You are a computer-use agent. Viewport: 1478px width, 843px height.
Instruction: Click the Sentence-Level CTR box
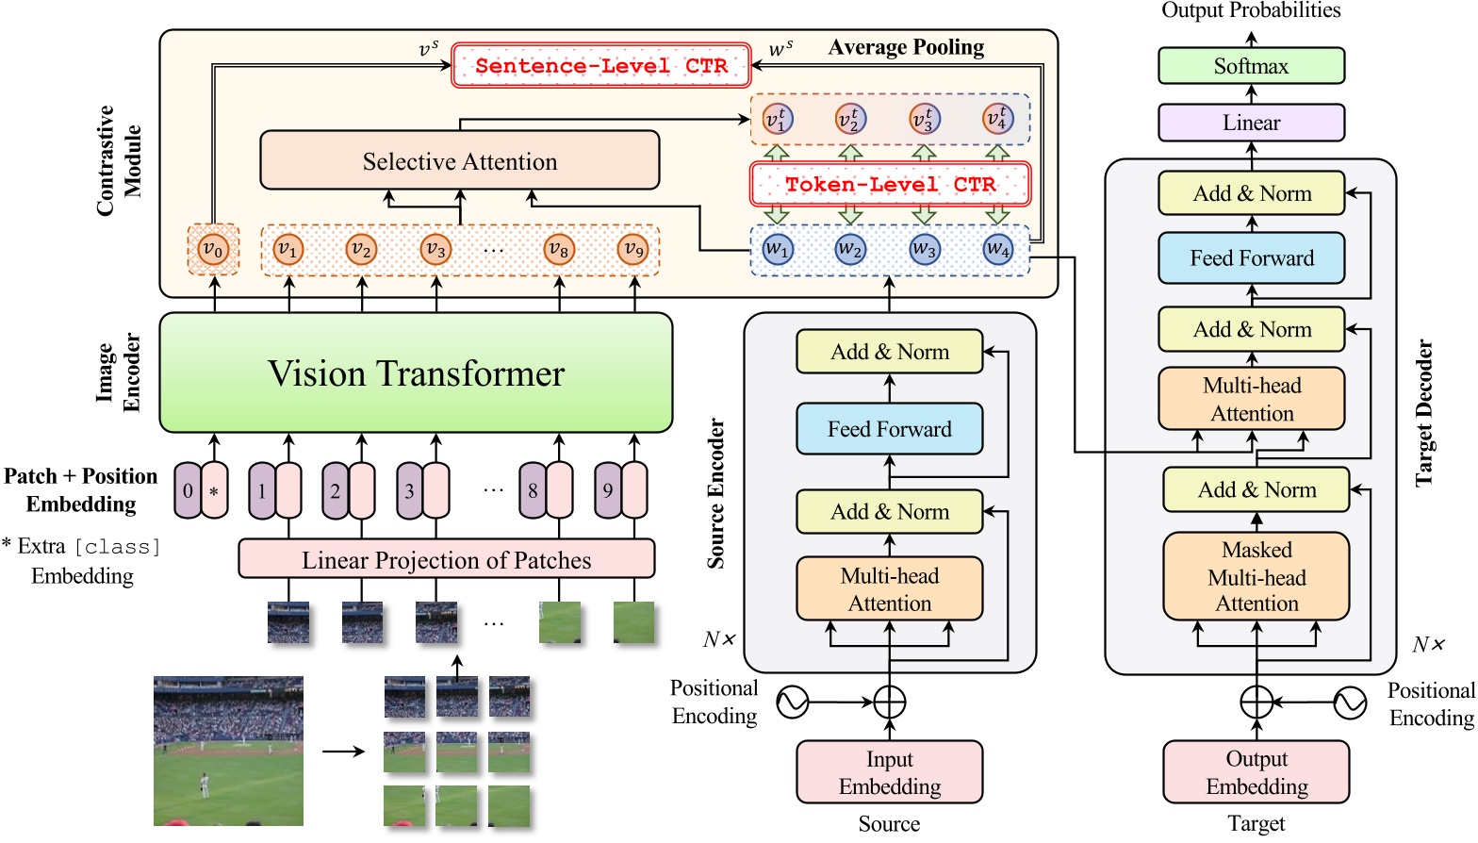(601, 66)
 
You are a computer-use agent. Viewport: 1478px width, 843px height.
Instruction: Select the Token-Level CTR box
(890, 185)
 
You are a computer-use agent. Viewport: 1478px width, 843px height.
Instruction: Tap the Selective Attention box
(460, 161)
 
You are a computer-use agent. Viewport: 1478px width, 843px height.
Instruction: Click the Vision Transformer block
(416, 373)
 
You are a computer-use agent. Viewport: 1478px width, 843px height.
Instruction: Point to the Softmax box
(1251, 66)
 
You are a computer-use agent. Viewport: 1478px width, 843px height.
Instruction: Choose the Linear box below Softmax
(1251, 123)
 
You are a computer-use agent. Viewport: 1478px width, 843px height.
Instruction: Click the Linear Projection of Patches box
(446, 560)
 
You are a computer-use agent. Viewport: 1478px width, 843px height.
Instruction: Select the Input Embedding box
(889, 772)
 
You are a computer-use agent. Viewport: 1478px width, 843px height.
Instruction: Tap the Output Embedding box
(1256, 772)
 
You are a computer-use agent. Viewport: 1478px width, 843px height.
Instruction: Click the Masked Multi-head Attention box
(1256, 576)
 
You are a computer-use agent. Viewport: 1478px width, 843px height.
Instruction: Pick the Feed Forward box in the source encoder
(889, 429)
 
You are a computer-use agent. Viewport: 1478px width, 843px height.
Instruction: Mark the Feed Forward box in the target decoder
(1251, 258)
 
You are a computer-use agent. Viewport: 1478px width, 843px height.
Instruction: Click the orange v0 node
(213, 250)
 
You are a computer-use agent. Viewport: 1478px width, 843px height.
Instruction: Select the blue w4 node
(997, 250)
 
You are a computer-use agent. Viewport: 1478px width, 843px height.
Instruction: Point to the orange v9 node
(633, 250)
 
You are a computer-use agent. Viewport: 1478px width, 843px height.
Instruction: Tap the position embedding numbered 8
(534, 490)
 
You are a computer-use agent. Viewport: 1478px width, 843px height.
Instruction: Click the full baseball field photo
(228, 751)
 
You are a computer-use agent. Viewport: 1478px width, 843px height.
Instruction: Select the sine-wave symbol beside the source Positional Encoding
(793, 702)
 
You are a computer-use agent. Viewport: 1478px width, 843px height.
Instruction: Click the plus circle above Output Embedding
(1256, 702)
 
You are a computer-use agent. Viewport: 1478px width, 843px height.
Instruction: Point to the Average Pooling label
(906, 47)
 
